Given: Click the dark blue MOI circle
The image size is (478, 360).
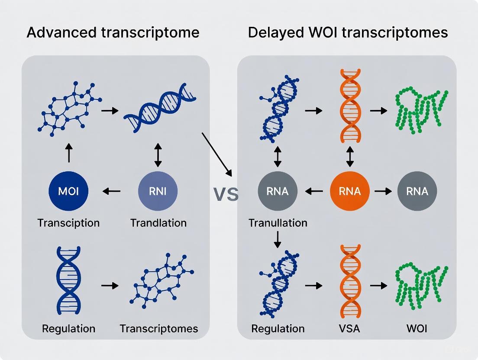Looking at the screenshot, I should point(68,191).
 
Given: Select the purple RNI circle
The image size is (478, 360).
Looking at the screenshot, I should point(158,191).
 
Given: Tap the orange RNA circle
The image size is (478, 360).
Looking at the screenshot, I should point(350,191).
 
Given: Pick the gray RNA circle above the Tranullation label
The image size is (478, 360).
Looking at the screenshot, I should point(278,191).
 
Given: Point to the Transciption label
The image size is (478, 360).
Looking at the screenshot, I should point(68,223).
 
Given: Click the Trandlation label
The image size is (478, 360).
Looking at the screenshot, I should point(158,223).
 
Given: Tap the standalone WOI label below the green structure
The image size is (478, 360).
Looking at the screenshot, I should point(417,328).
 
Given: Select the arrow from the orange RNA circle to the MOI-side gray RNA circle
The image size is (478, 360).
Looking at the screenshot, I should point(314,191).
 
